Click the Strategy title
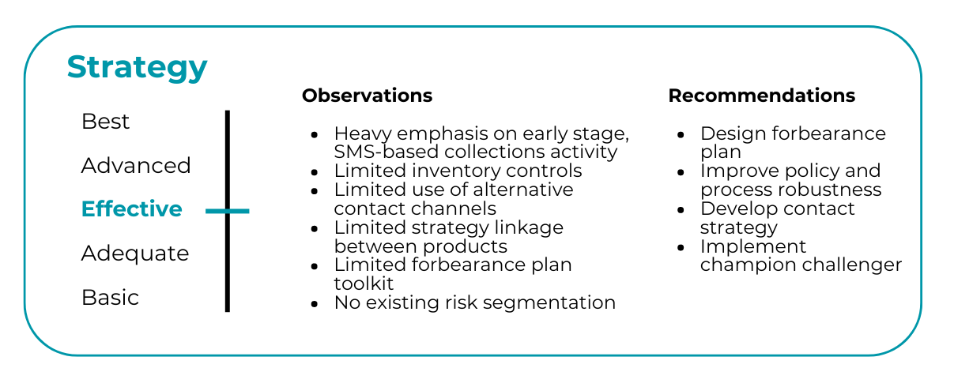138,68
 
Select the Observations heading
367,96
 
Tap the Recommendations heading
761,96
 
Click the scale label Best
105,122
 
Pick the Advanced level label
136,165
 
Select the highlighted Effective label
132,208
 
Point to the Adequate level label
135,253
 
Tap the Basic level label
111,297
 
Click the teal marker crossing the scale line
228,211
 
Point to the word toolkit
364,283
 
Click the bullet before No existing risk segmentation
315,304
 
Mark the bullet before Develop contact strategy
681,210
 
